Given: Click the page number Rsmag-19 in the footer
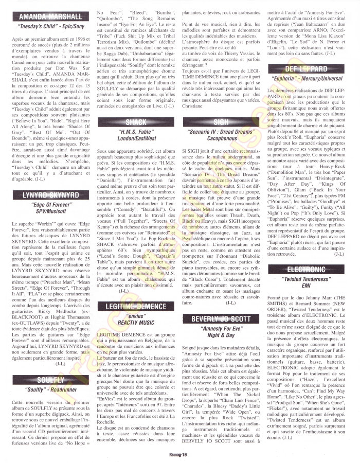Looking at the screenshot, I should pyautogui.click(x=179, y=455).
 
